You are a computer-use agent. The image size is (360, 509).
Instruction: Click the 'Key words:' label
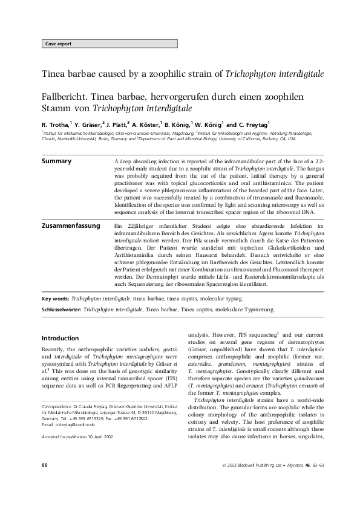[x=55, y=299]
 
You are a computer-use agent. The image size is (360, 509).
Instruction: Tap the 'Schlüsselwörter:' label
[x=61, y=309]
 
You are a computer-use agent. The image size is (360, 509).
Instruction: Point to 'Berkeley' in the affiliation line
[x=265, y=138]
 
